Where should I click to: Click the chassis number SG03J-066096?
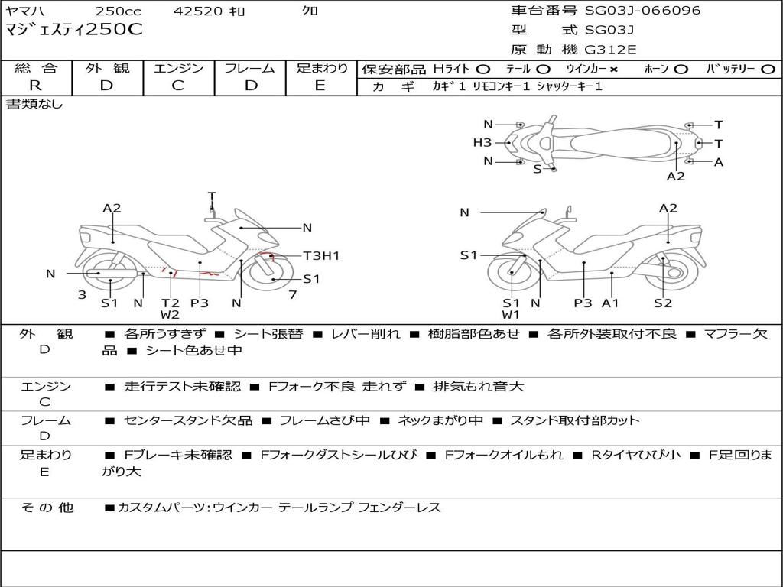tap(642, 11)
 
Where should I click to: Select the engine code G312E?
tap(610, 50)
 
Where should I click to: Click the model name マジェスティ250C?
tap(74, 31)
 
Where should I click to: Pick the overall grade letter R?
tap(35, 86)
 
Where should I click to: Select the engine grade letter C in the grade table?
tap(177, 86)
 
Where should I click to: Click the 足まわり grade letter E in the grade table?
tap(320, 86)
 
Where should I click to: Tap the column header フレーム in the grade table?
tap(250, 69)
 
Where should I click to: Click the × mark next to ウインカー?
tap(613, 70)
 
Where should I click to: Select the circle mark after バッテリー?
tap(767, 70)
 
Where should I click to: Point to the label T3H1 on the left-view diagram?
tap(321, 256)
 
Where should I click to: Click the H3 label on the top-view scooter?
tap(482, 142)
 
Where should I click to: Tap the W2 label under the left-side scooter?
tap(170, 315)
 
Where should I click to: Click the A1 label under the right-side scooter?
tap(610, 303)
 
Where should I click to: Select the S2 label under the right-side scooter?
tap(663, 303)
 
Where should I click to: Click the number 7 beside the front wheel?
tap(291, 295)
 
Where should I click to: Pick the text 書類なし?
tap(34, 104)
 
